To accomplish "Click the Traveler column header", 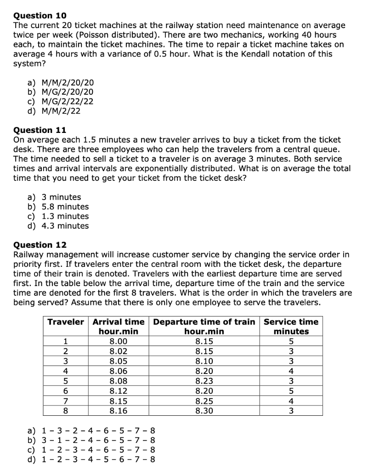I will point(66,322).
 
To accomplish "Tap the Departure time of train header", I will point(204,322).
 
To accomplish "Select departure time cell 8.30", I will point(204,410).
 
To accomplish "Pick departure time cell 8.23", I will point(204,381).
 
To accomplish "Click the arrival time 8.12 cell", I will point(119,391).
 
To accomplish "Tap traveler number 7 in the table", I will point(66,401).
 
